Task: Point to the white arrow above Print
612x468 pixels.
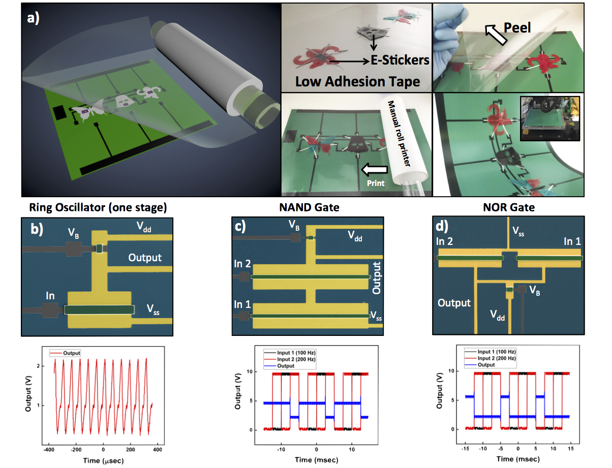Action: pos(374,169)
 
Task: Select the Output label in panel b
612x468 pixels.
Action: pos(145,257)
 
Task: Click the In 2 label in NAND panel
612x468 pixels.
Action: pos(242,264)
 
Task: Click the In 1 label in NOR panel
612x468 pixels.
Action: pos(572,241)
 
